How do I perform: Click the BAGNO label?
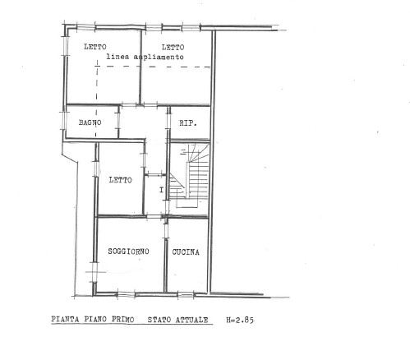pos(90,122)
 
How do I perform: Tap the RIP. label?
pos(188,123)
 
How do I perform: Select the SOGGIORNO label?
pos(128,252)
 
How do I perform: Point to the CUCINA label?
pos(186,252)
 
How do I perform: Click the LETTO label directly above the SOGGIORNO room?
pos(120,180)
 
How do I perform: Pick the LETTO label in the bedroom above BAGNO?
pos(95,47)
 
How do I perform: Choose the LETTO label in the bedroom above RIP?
pos(173,48)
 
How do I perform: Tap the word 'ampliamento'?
pos(159,57)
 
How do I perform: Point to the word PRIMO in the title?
pos(123,320)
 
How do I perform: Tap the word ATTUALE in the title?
pos(192,320)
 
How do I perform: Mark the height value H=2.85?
pos(240,320)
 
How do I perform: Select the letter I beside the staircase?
pos(162,190)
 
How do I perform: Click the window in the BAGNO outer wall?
pos(64,120)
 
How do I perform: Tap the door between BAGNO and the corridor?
pos(119,121)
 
